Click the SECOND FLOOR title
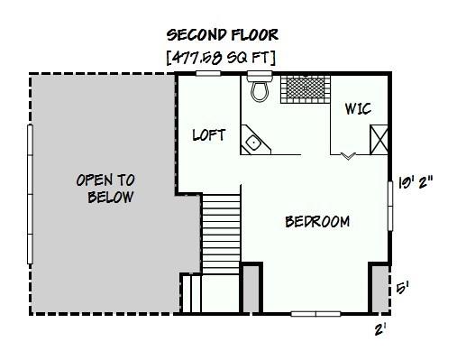pos(222,35)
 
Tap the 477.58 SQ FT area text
pos(222,57)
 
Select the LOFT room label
pos(209,135)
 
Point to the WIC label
pos(357,109)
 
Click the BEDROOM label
pos(317,222)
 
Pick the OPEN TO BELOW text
pos(105,189)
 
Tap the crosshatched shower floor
pos(305,89)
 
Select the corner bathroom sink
pos(253,141)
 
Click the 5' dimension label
pos(403,289)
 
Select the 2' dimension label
pos(381,329)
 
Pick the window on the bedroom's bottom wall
pos(315,313)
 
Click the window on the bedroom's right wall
pos(390,204)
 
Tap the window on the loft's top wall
pos(208,74)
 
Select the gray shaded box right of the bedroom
pos(379,288)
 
